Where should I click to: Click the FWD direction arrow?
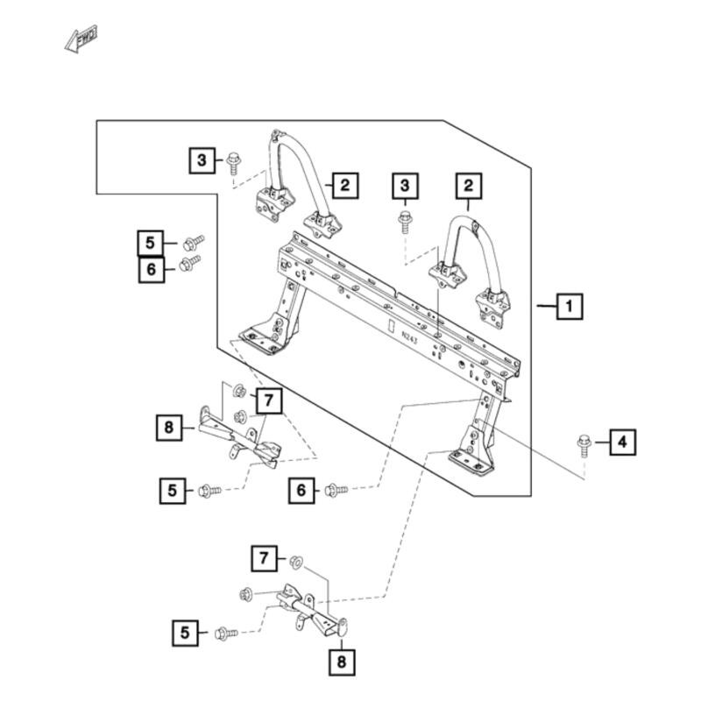click(x=81, y=39)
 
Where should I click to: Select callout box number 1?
click(x=570, y=306)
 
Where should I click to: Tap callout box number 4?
click(x=623, y=443)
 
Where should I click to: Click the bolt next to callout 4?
click(x=584, y=445)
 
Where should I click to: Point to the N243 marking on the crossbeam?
click(x=409, y=337)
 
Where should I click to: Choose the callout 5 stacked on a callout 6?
click(x=150, y=244)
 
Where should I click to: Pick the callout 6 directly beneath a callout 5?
click(x=151, y=270)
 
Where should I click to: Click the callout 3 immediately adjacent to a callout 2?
click(x=406, y=186)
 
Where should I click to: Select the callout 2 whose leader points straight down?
click(x=469, y=186)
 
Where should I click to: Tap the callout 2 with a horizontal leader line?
click(x=345, y=185)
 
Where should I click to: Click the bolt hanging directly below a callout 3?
click(x=405, y=223)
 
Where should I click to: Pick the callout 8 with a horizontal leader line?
click(x=169, y=428)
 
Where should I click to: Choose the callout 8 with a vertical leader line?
click(x=342, y=662)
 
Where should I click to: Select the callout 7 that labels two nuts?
click(x=269, y=400)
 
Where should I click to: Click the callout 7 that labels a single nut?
click(x=265, y=558)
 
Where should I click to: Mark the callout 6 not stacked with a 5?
click(x=301, y=491)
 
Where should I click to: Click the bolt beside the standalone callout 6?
click(x=336, y=490)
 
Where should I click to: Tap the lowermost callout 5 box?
click(x=185, y=633)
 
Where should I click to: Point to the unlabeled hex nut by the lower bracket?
click(x=246, y=595)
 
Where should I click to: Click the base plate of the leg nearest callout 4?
click(x=471, y=463)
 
